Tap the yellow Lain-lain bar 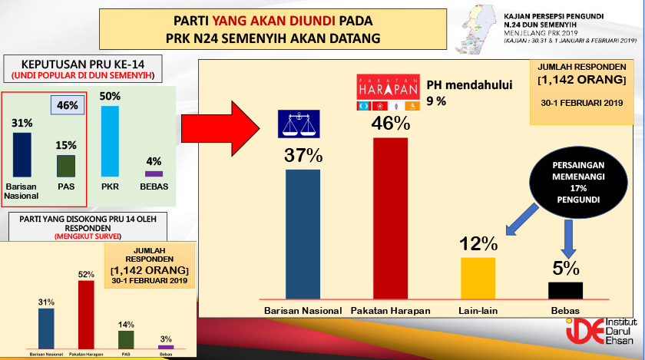coord(478,277)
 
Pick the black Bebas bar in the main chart coord(565,289)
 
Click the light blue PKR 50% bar coord(110,140)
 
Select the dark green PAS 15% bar coord(65,165)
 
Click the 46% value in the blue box coord(67,105)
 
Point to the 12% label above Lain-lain coord(478,245)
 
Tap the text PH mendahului coord(458,85)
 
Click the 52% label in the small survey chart coord(86,274)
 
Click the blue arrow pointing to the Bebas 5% coord(567,238)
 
